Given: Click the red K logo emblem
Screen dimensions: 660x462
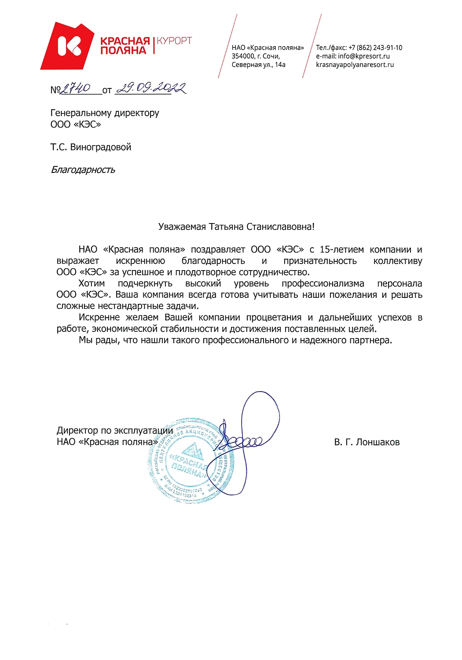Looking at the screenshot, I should (x=69, y=46).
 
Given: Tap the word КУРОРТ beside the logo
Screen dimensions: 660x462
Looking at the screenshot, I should (x=174, y=41).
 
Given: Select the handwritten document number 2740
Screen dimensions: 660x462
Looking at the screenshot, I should (x=75, y=89).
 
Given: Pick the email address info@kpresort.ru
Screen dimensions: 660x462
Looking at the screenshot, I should (x=363, y=56).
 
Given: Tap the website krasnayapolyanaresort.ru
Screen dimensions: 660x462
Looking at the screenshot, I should (x=355, y=65).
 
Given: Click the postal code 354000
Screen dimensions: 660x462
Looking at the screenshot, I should (x=243, y=56).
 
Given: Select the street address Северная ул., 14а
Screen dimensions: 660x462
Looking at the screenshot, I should (x=258, y=65).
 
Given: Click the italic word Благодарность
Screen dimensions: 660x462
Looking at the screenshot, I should (x=83, y=170).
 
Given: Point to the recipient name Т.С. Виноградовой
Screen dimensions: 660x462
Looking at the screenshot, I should (x=91, y=147).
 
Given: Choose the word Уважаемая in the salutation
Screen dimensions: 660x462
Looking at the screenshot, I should (x=182, y=227).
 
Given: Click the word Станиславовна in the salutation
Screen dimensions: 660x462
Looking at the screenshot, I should (x=280, y=227).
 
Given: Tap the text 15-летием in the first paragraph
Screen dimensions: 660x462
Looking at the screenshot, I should (x=341, y=249).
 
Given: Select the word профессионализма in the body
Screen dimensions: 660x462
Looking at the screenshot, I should (x=323, y=283).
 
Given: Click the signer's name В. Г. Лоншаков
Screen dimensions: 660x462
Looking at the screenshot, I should (x=367, y=442).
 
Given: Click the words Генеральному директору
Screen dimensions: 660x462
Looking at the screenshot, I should (x=105, y=113).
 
